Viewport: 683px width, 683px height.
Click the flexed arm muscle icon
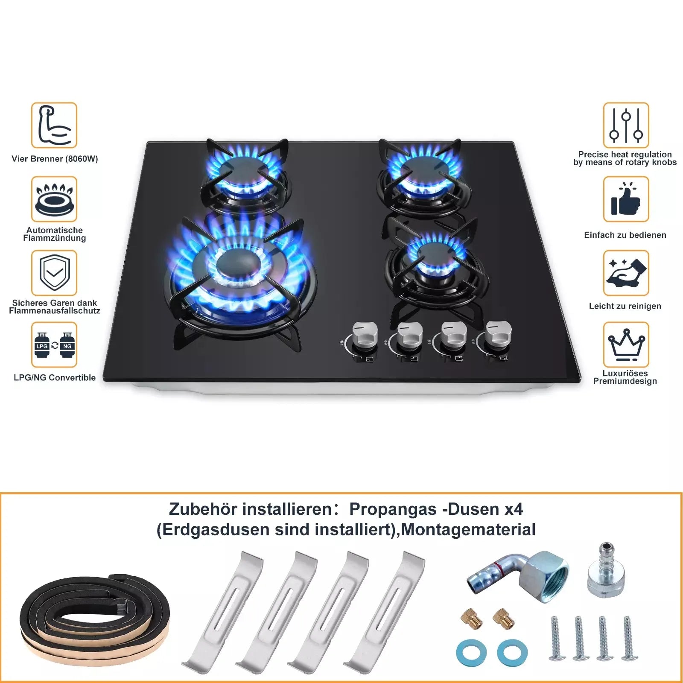click(54, 126)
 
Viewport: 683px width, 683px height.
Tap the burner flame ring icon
click(54, 199)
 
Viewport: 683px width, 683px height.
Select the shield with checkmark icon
click(54, 273)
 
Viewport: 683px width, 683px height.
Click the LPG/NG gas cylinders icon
click(54, 345)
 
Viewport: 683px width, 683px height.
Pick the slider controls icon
click(626, 126)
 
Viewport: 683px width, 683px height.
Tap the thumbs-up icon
click(626, 199)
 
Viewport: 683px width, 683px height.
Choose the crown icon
click(626, 344)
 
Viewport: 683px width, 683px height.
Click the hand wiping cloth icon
click(626, 273)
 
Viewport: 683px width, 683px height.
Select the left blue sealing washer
click(471, 652)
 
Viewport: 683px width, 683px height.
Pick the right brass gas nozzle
click(503, 618)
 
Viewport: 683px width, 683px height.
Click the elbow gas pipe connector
click(521, 574)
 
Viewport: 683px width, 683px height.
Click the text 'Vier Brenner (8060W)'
click(55, 159)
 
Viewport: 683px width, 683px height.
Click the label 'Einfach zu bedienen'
click(625, 235)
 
